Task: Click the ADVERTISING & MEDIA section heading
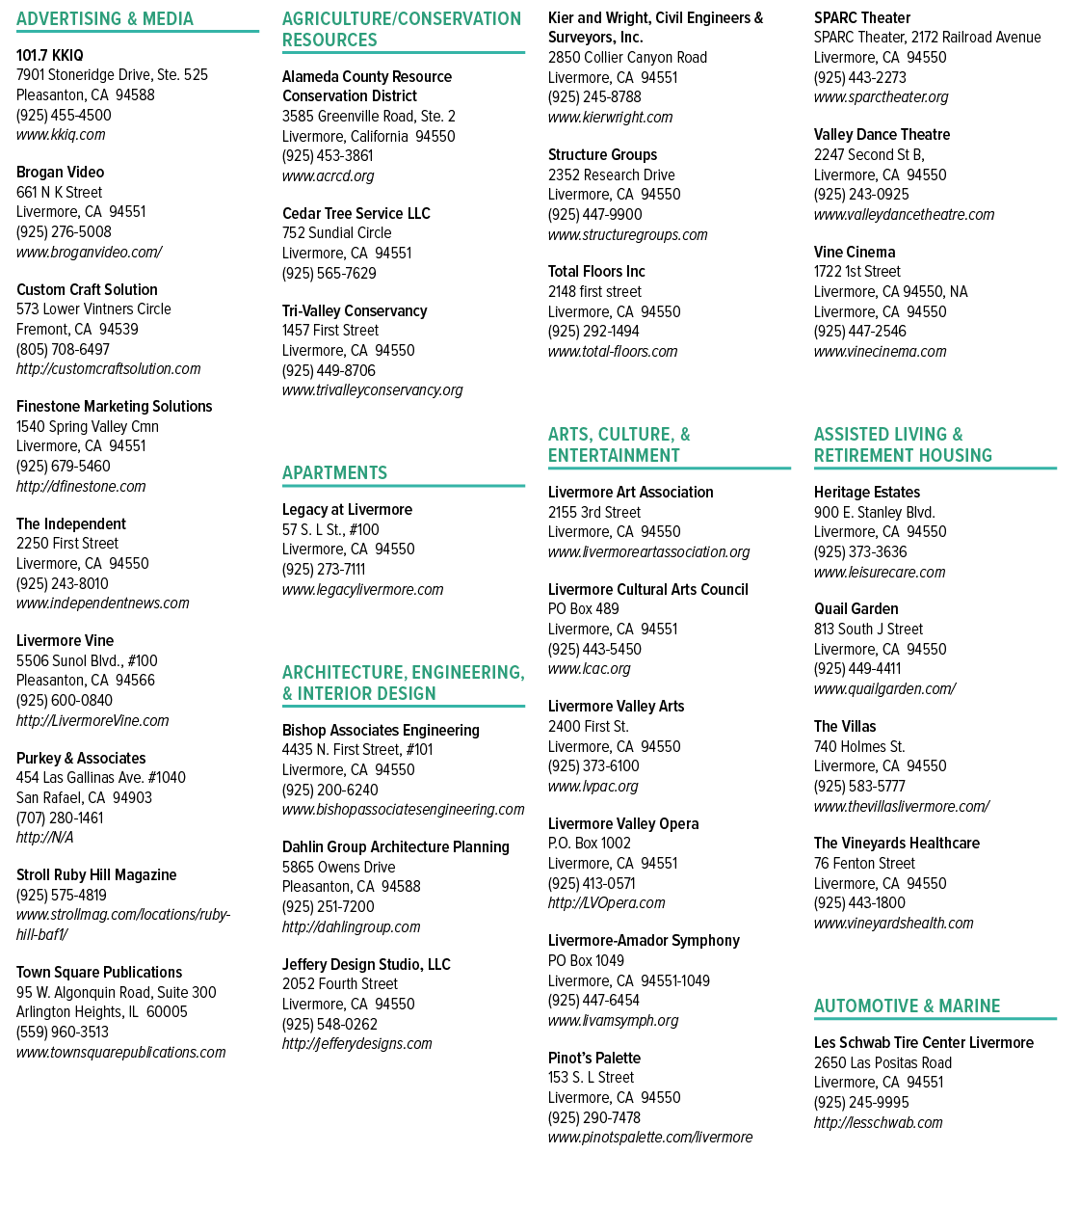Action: (x=105, y=19)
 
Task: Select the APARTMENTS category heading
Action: (x=334, y=473)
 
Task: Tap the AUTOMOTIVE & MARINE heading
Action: (x=907, y=1006)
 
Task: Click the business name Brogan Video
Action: (x=60, y=173)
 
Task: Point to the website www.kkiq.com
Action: (x=61, y=135)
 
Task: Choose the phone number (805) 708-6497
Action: (x=64, y=349)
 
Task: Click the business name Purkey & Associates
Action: (x=81, y=758)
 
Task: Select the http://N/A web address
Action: (x=44, y=837)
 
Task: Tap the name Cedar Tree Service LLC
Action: (x=356, y=213)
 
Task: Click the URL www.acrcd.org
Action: (x=329, y=175)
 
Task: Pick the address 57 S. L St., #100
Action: (x=330, y=529)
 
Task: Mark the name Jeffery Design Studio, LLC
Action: (x=366, y=964)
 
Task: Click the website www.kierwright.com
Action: (x=610, y=118)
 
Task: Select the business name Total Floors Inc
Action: (x=596, y=272)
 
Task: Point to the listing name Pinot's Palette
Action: (x=594, y=1059)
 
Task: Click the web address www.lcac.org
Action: (x=589, y=668)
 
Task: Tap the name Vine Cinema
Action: (x=855, y=252)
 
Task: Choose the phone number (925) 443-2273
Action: (x=859, y=77)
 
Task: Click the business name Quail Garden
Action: (x=856, y=609)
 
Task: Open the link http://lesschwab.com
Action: (x=879, y=1122)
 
